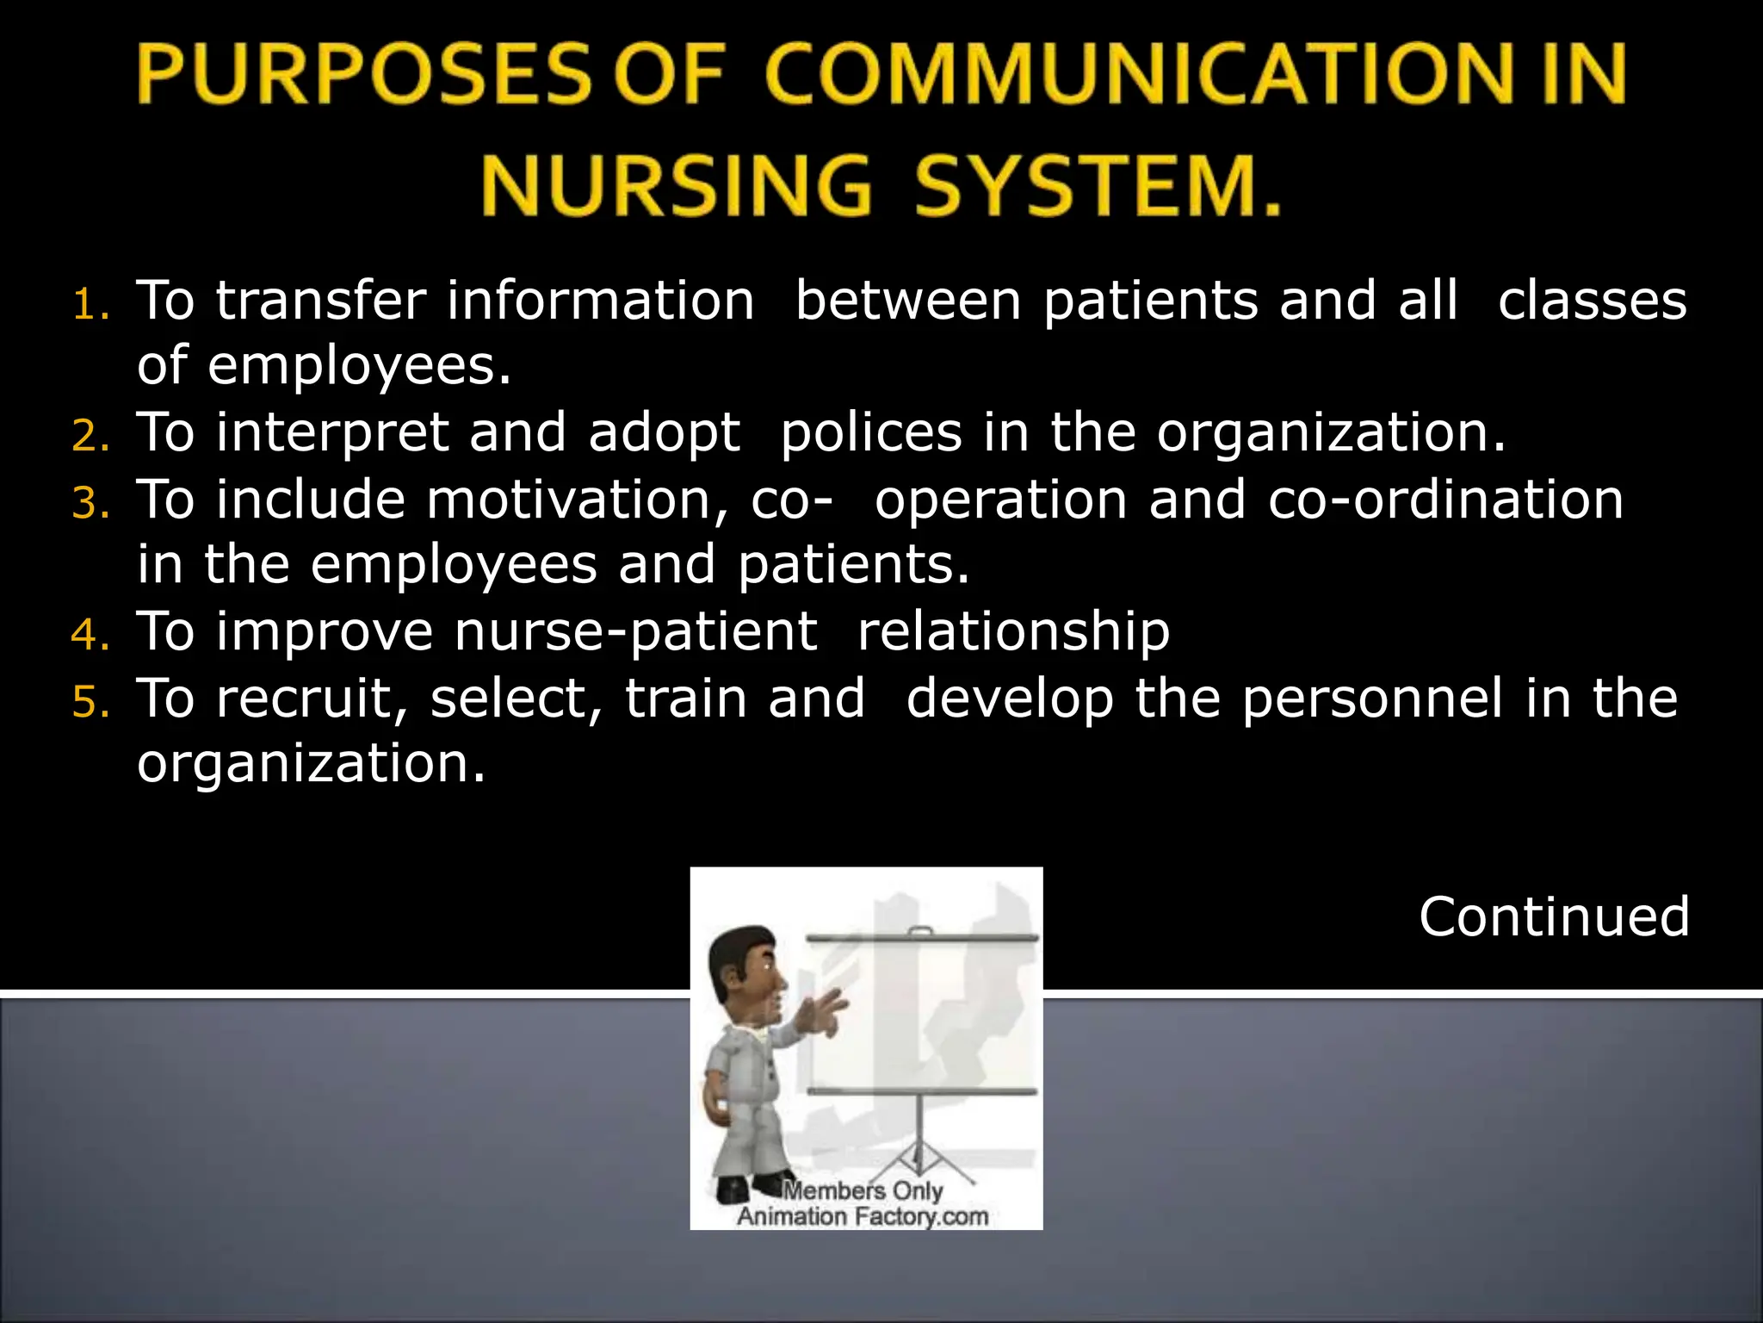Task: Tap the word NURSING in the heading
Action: pos(676,185)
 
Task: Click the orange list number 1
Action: pos(90,304)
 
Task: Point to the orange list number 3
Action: pos(90,503)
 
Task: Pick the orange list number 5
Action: pos(90,702)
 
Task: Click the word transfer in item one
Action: pos(320,301)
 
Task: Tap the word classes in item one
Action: pos(1592,301)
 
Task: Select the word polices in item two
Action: pos(870,432)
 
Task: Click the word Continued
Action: pos(1554,916)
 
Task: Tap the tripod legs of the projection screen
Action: pos(921,1146)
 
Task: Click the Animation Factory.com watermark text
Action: pos(863,1216)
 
